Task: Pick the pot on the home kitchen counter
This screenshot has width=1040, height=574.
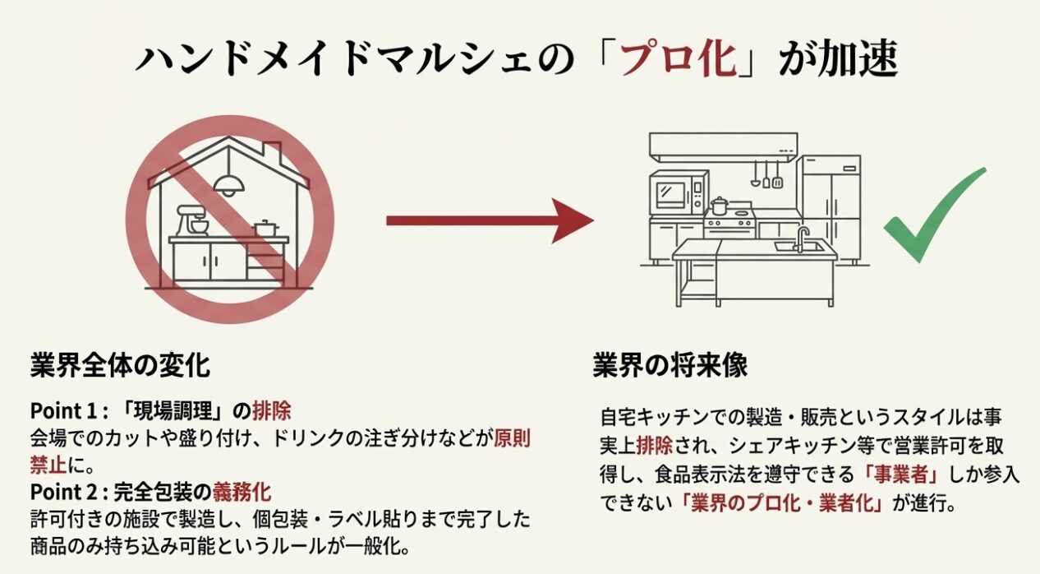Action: [265, 229]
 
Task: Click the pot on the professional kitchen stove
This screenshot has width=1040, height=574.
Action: [720, 205]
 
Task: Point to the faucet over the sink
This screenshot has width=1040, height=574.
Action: [800, 238]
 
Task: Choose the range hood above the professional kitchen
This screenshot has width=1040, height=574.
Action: [723, 147]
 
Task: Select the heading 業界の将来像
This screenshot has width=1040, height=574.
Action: [670, 365]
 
